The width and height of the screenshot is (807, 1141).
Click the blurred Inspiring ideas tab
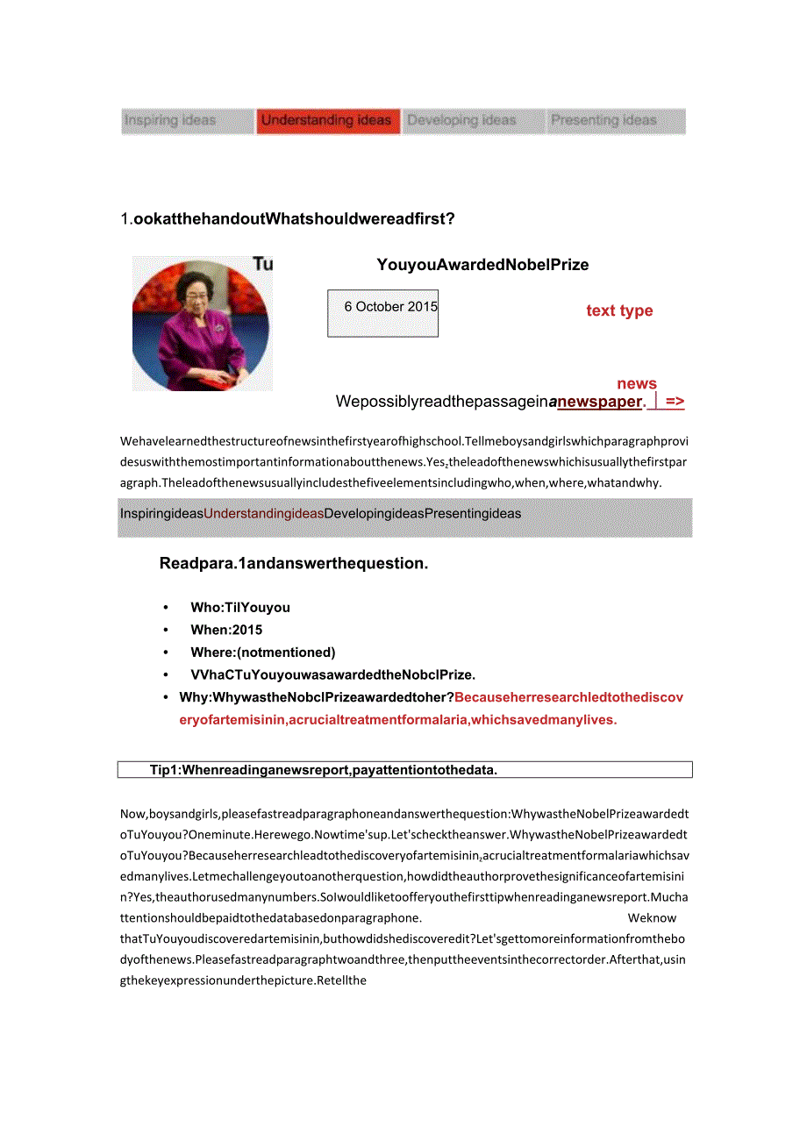tap(170, 120)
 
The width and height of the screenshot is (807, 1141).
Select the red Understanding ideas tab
tap(326, 120)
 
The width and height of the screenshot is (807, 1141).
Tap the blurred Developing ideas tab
tap(462, 120)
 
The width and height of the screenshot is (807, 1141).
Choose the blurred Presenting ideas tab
tap(603, 120)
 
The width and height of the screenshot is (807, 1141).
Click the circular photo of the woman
tap(201, 323)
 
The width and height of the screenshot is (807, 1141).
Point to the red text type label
tap(619, 310)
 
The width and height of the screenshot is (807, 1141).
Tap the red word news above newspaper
tap(637, 383)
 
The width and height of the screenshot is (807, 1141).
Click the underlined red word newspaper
tap(600, 402)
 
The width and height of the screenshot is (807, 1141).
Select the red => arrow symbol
tap(675, 402)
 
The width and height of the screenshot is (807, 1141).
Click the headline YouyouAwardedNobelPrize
tap(482, 265)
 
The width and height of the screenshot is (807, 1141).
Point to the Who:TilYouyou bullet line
tap(239, 607)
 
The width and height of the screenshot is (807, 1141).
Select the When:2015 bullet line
tap(226, 630)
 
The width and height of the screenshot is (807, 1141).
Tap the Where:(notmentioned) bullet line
tap(262, 652)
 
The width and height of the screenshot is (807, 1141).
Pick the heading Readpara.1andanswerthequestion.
tap(294, 563)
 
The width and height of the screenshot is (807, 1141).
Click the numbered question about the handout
tap(288, 218)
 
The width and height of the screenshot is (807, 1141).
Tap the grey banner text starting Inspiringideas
tap(320, 514)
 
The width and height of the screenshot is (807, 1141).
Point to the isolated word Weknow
tap(652, 918)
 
